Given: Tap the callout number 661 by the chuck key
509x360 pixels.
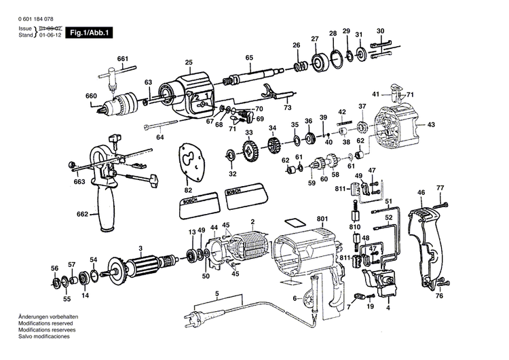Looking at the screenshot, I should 122,59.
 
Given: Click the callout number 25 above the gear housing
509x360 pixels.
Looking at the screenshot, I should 188,62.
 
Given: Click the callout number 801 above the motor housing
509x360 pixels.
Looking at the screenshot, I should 322,219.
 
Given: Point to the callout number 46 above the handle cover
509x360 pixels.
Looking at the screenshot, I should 421,193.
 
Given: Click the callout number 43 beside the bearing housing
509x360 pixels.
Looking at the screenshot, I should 430,125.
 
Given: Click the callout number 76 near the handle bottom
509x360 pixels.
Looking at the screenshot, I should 439,295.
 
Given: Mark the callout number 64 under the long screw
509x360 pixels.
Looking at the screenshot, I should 160,138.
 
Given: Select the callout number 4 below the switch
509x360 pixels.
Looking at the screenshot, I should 388,308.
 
